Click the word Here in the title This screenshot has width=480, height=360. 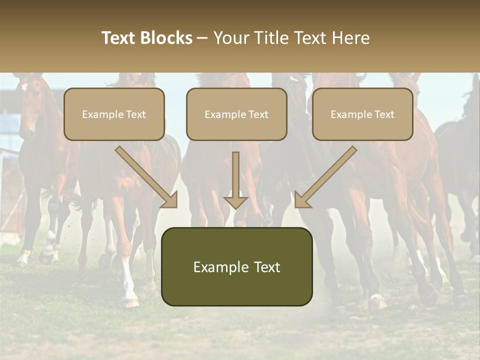point(352,38)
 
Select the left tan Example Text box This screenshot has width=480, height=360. point(114,114)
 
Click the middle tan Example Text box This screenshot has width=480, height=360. point(236,114)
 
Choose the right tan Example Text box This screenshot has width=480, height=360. point(362,114)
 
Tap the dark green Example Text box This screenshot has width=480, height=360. point(236,266)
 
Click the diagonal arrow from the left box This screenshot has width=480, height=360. point(146,176)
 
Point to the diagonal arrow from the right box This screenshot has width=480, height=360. point(326,176)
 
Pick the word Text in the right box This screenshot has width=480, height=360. point(384,114)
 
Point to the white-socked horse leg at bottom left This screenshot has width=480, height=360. point(129,285)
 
